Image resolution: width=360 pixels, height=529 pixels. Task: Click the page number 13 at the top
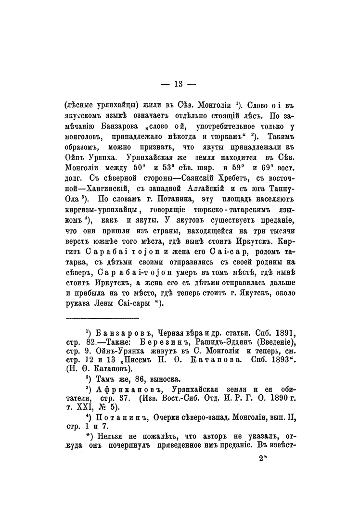(x=178, y=85)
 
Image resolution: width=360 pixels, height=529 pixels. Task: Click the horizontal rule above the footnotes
(x=103, y=318)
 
